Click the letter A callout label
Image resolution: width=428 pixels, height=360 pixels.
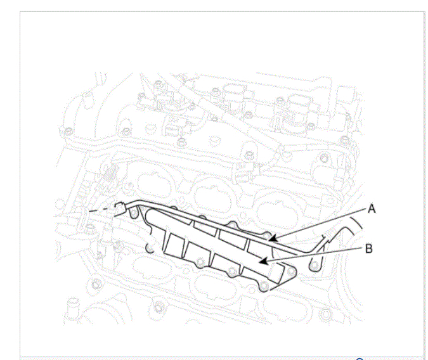372,209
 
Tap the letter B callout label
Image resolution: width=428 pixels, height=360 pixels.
369,248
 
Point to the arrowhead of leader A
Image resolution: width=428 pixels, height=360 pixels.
273,238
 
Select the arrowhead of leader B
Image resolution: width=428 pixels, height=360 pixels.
263,261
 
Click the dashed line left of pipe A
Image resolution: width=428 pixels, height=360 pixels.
101,209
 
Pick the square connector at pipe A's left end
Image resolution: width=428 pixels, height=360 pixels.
120,208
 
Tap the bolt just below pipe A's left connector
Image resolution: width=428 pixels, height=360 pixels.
134,213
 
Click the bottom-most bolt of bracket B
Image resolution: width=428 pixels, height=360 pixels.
264,286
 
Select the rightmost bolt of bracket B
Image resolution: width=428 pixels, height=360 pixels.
291,271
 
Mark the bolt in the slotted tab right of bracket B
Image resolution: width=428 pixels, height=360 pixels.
315,266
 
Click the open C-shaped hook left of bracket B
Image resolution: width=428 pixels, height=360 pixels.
150,248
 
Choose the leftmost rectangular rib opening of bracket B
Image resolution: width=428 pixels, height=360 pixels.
175,246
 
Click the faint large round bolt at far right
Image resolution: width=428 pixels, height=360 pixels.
324,158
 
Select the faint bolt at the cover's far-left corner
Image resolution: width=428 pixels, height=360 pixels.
68,132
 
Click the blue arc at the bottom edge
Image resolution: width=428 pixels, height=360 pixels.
360,359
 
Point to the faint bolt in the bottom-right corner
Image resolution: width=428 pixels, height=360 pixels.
326,313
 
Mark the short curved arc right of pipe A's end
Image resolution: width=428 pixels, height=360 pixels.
356,222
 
